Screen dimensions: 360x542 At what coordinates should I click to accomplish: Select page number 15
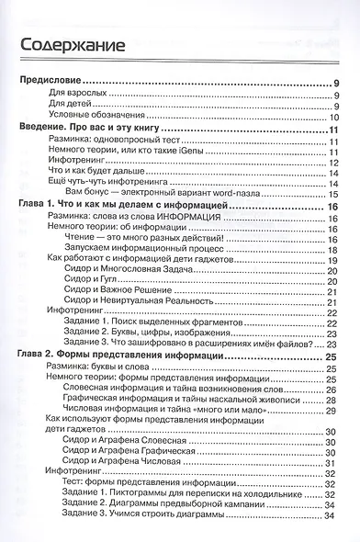tap(336, 192)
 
